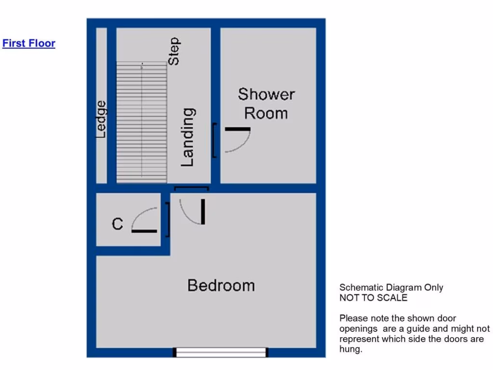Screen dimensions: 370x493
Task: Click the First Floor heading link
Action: click(29, 43)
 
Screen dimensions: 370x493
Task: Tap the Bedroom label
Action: click(221, 285)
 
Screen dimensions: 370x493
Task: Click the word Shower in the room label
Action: click(266, 94)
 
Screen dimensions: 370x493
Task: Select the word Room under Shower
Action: click(266, 113)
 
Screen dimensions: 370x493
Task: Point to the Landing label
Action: click(188, 137)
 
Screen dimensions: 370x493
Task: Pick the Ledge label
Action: click(101, 119)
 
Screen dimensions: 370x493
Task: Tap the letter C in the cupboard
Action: click(117, 224)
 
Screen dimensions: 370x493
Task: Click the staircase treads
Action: click(142, 123)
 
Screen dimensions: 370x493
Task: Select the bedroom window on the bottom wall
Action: click(221, 353)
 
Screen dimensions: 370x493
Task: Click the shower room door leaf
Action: click(237, 129)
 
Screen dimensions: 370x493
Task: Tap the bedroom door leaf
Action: click(203, 211)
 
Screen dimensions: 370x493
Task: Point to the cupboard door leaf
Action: click(144, 231)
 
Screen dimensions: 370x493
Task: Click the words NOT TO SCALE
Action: click(373, 298)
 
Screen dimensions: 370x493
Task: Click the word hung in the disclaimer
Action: click(350, 349)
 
